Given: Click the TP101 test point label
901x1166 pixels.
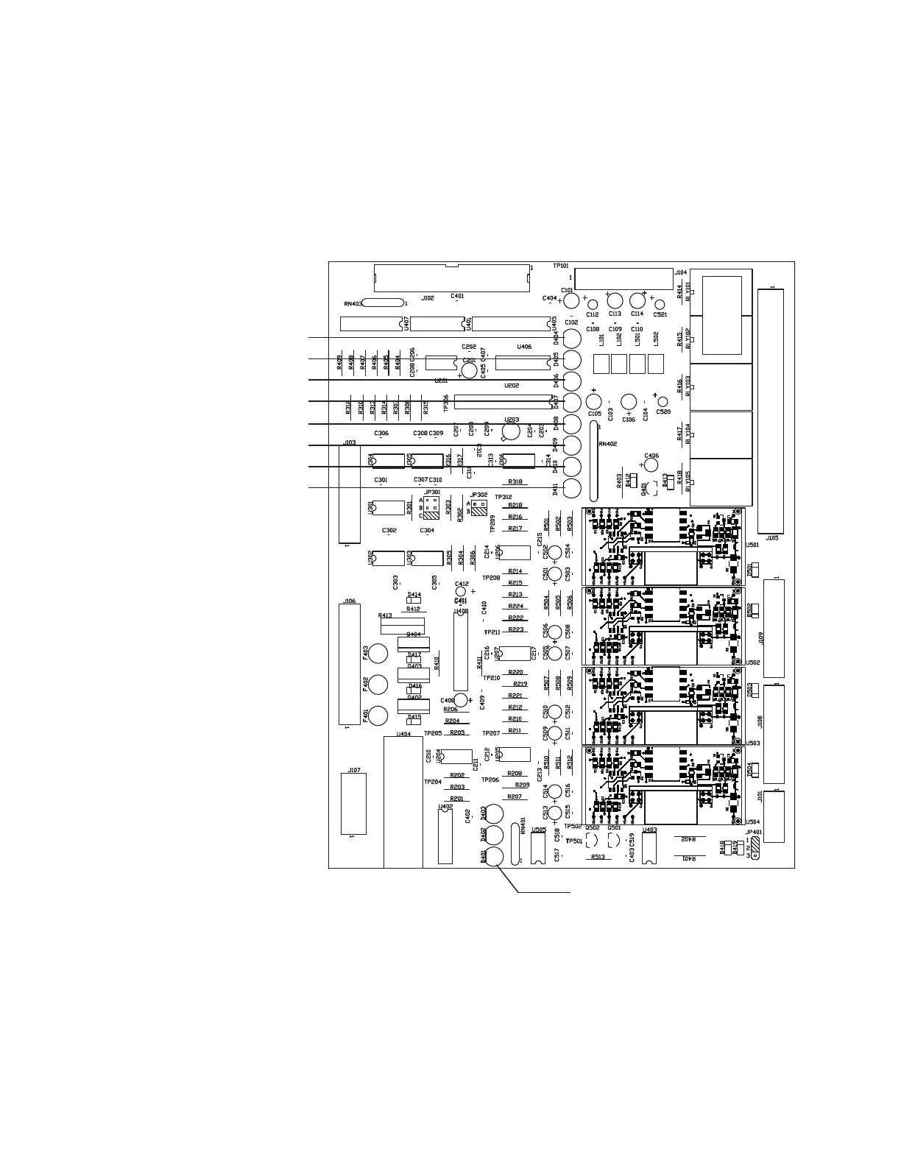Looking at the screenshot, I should pos(560,266).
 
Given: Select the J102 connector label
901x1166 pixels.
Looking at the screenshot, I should pos(428,298).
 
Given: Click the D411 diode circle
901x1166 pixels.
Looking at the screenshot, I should pos(572,488).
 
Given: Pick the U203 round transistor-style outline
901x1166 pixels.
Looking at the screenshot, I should pos(512,431).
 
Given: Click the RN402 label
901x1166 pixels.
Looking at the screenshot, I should pos(608,444).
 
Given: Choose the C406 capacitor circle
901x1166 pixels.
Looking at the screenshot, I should pos(651,465).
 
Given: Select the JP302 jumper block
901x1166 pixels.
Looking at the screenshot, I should pos(479,508).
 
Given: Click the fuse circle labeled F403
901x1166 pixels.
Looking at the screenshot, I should pos(378,654).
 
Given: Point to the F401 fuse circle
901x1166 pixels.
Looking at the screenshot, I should pos(378,715).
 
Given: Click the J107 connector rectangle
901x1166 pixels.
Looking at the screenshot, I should pos(353,804).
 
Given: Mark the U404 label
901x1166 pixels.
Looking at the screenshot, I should pos(403,734).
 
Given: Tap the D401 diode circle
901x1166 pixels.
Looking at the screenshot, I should pos(494,856).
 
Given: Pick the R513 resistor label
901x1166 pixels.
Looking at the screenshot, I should pos(597,858).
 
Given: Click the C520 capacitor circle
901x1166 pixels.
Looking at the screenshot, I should pos(662,402).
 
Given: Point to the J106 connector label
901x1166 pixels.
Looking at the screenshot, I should pos(350,601).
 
